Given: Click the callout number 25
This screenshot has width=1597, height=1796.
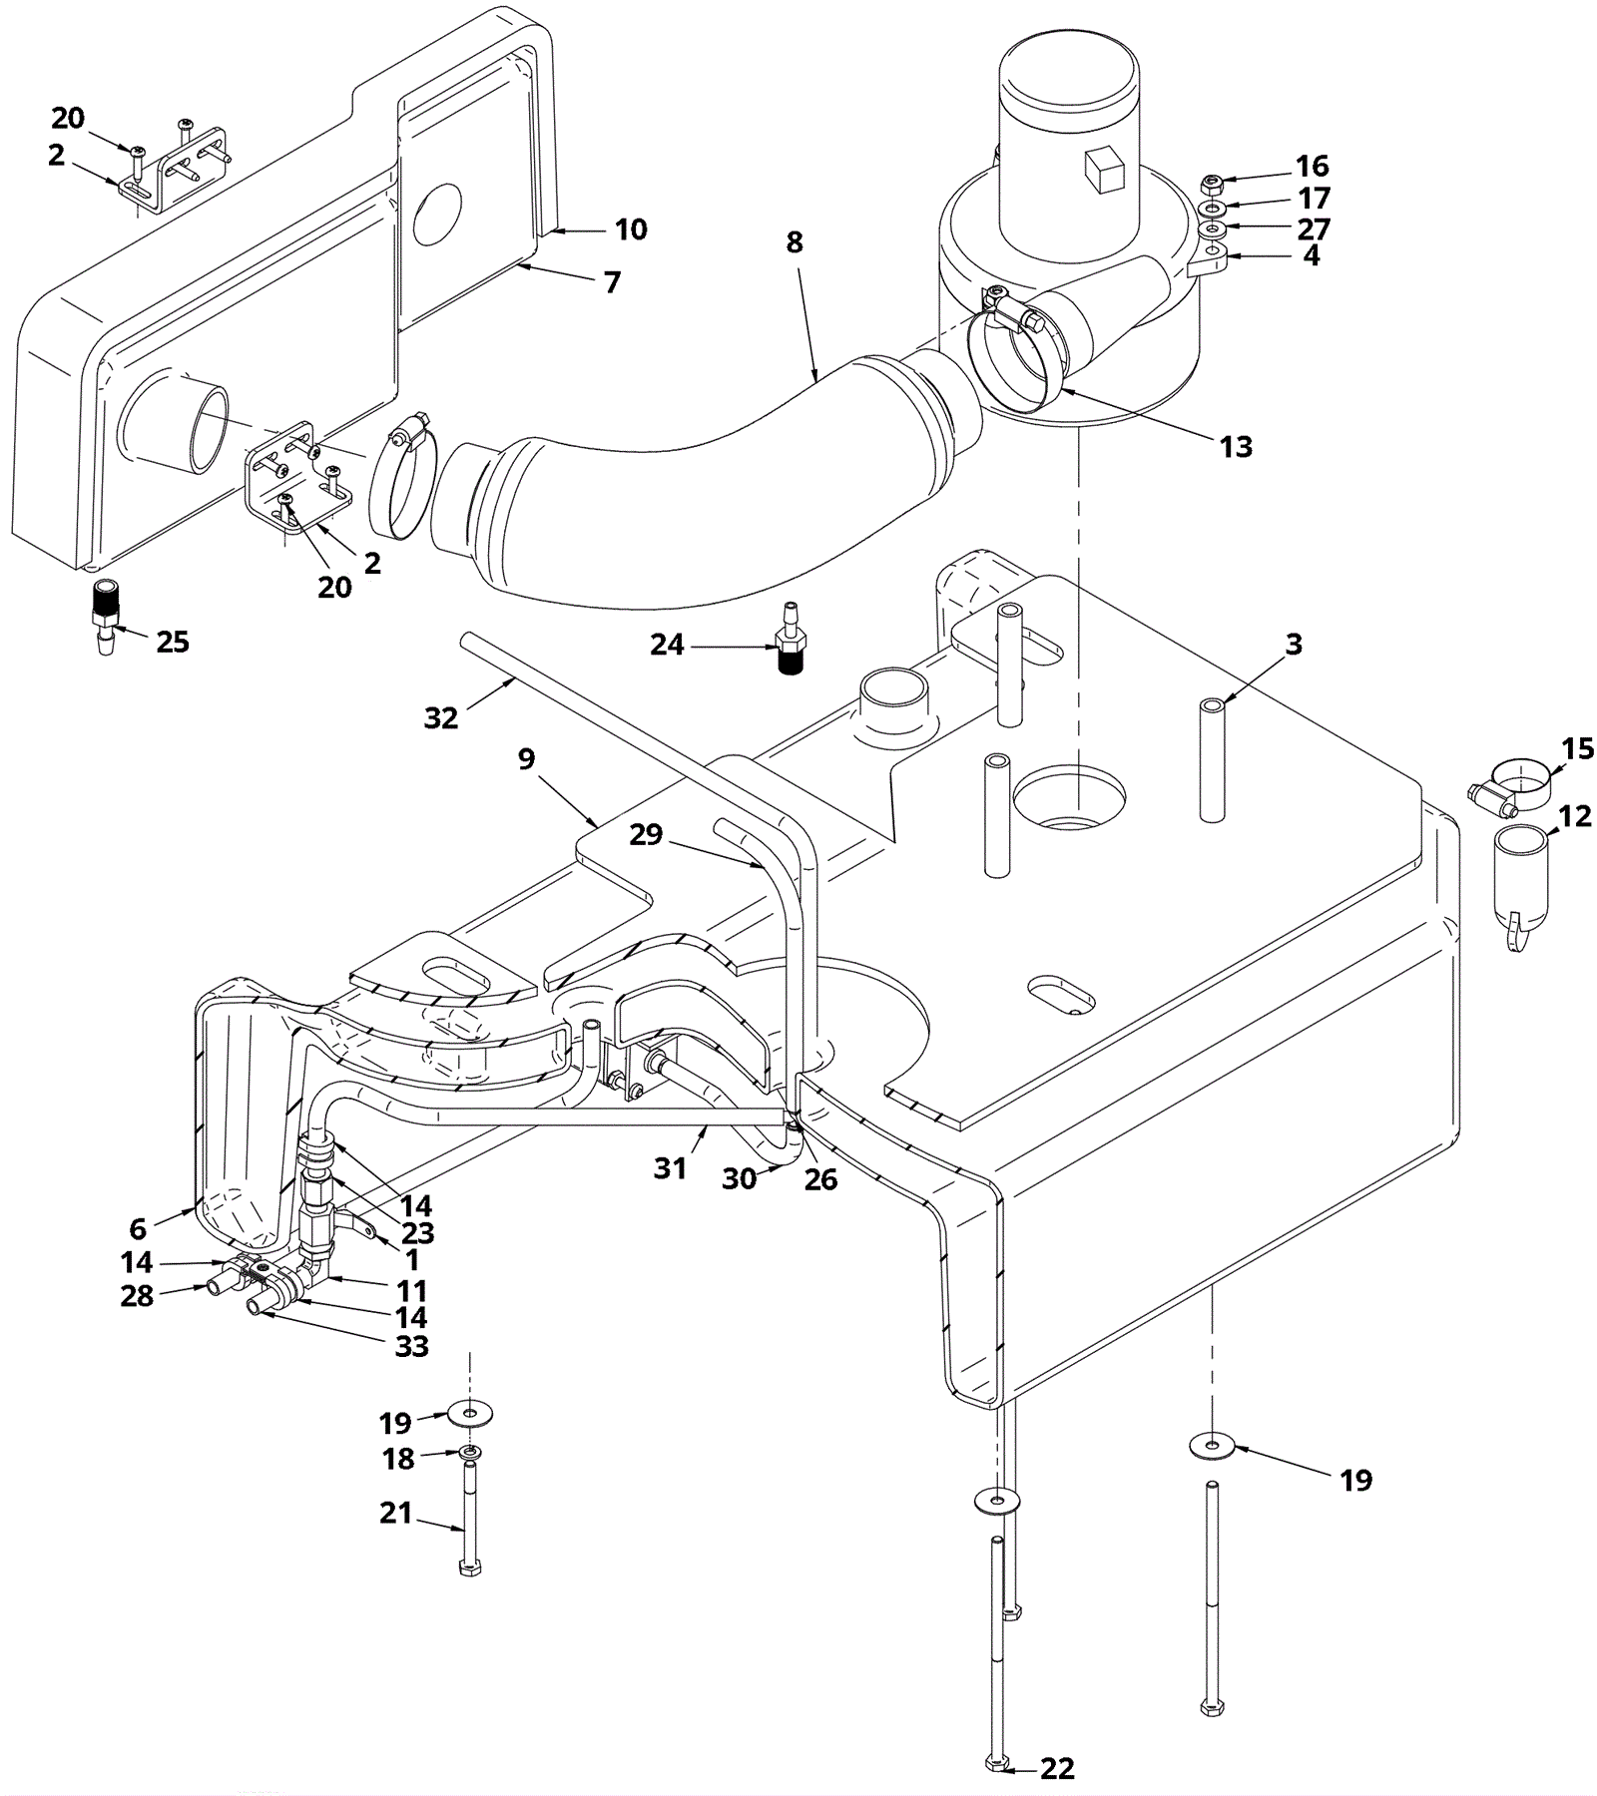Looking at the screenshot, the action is (173, 642).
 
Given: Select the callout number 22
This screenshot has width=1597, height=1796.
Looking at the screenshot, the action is (1057, 1768).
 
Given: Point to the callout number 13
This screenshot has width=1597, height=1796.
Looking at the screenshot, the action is (1236, 446).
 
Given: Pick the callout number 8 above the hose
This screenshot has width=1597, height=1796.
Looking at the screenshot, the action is (795, 242).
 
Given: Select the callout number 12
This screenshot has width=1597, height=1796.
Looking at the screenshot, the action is (1575, 816).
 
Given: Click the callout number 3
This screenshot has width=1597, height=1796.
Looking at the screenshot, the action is (1294, 645).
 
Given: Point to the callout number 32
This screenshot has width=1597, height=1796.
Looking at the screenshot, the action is (440, 717).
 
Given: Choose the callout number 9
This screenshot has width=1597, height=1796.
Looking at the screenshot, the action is (527, 758).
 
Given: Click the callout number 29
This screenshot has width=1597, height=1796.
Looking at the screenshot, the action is (646, 834).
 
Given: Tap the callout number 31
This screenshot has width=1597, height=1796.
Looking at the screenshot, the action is (670, 1167).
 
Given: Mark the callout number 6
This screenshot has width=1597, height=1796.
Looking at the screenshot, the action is (138, 1228).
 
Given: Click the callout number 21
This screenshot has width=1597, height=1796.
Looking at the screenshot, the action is (396, 1513).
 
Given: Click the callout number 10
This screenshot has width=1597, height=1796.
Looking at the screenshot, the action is (631, 229).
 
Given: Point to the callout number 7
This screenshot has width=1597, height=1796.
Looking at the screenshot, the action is (612, 282).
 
